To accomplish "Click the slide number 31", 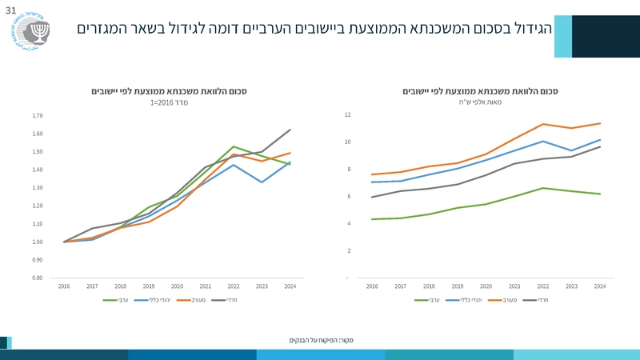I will coord(10,10).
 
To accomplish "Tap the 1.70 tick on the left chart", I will coord(38,115).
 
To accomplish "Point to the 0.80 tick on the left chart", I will coord(38,278).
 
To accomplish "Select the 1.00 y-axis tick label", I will coord(38,242).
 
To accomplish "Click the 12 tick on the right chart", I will coord(347,115).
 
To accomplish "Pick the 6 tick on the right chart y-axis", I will coord(348,196).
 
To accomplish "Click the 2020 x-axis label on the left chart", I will coord(177,286).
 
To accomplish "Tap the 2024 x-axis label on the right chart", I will coord(600,286).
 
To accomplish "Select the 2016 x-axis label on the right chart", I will coord(373,286).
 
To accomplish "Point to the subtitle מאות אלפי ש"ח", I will coord(480,103).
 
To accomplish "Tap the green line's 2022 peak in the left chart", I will coord(234,146).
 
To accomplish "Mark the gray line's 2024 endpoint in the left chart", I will coord(290,129).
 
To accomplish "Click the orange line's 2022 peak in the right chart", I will coord(543,124).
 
